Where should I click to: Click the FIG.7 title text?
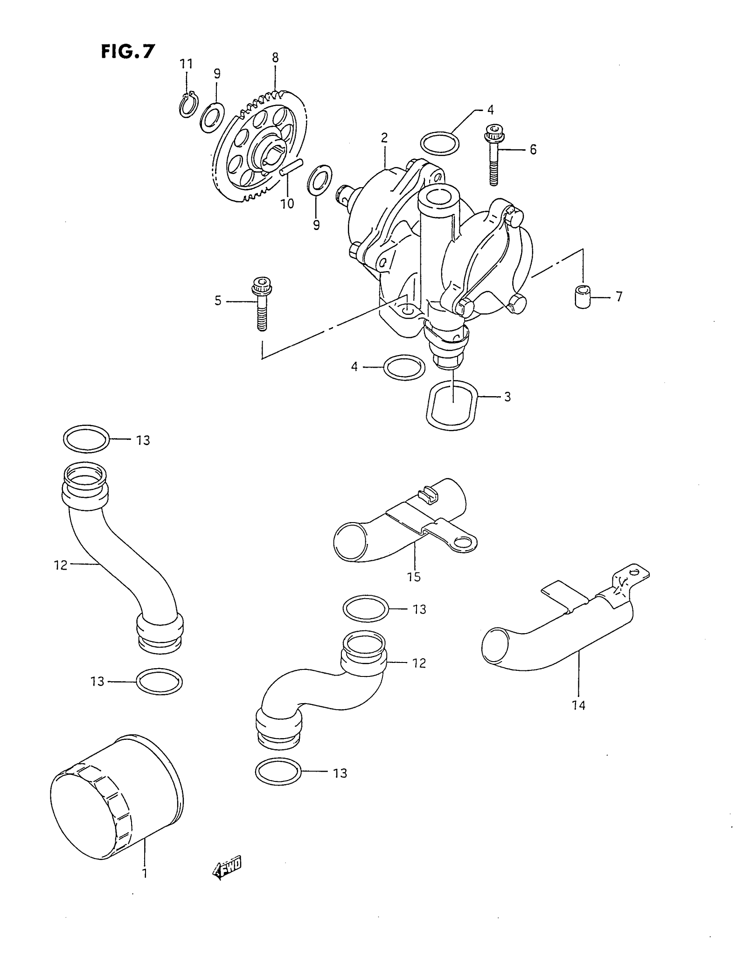[x=128, y=52]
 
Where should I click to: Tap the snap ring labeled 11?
[x=187, y=106]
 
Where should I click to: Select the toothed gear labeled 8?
[x=260, y=147]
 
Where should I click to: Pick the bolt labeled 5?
[x=261, y=304]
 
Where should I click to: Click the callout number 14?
[x=578, y=705]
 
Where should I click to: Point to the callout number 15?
[x=414, y=576]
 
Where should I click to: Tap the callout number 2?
[x=384, y=138]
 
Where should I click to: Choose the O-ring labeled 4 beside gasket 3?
[x=404, y=367]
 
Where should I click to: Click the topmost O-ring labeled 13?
[x=86, y=439]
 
